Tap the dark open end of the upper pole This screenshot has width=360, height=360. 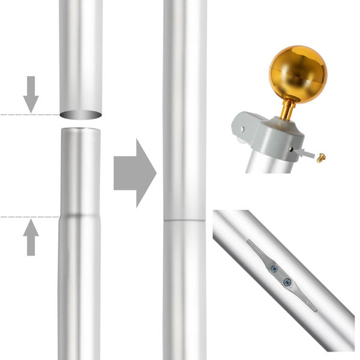pyautogui.click(x=80, y=115)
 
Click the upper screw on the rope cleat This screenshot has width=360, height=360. pyautogui.click(x=274, y=269)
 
